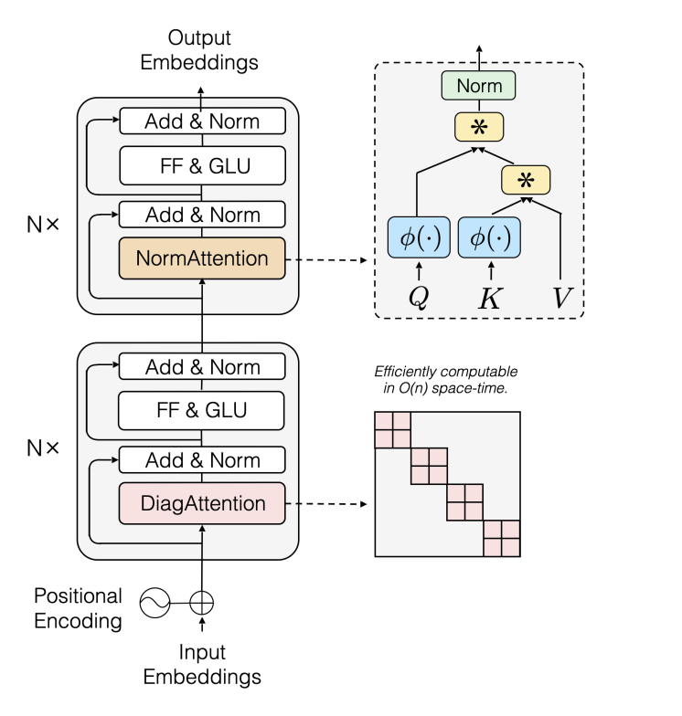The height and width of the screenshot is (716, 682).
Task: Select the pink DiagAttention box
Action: (202, 502)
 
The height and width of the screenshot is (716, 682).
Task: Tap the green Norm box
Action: (480, 87)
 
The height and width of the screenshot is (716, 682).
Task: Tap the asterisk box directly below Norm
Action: (480, 126)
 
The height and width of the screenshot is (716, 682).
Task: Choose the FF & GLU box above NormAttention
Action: (202, 166)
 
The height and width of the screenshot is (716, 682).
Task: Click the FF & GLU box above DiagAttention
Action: (202, 412)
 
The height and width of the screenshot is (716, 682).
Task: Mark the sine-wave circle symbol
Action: (155, 602)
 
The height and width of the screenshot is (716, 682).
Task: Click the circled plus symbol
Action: (201, 602)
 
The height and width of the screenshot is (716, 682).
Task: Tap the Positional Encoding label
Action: (78, 608)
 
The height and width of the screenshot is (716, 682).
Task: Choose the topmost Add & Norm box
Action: (202, 121)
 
